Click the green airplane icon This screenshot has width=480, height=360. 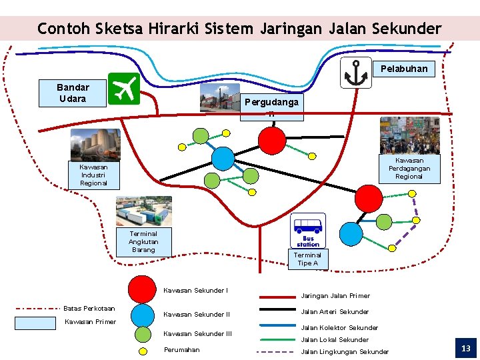coord(123,89)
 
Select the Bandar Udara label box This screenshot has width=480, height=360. coord(73,93)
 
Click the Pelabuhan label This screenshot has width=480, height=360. coord(404,69)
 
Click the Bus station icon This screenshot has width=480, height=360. coord(308,231)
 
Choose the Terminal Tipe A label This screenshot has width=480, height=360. coord(307,259)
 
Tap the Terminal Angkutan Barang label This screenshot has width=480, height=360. coord(143,241)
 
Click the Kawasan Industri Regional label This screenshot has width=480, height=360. coord(93,175)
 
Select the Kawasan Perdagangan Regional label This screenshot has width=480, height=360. coord(409,168)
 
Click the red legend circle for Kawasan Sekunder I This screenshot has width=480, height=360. coord(142,288)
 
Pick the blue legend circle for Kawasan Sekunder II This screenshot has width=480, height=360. coord(142,314)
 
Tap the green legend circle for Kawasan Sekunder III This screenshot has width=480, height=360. coord(142,334)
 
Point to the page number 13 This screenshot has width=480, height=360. coord(465,348)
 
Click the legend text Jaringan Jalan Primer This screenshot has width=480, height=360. coord(335,295)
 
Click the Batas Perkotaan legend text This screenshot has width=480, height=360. coord(89,308)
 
